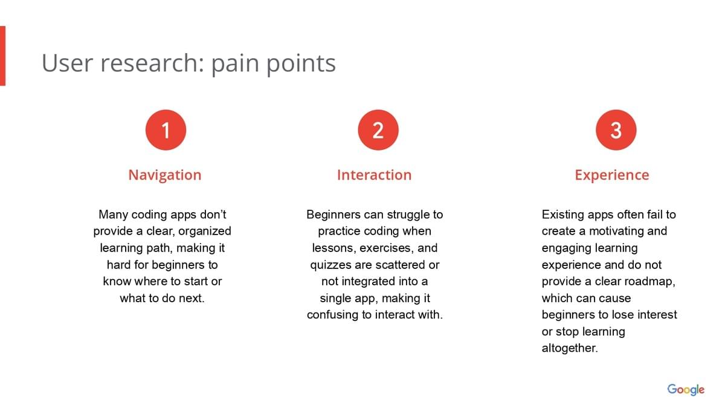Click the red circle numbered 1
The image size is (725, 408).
tap(166, 130)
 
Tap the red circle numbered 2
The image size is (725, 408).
tap(378, 130)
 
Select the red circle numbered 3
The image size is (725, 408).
tap(616, 130)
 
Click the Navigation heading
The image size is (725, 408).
tap(165, 175)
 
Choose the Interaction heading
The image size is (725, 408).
tap(374, 175)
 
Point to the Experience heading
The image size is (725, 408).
tap(611, 175)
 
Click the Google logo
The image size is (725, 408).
tap(686, 389)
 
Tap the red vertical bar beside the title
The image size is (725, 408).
tap(2, 56)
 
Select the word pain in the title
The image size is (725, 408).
tap(235, 63)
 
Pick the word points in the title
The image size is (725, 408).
tap(301, 63)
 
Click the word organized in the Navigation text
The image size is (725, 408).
tap(205, 232)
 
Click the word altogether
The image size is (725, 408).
tap(570, 348)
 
